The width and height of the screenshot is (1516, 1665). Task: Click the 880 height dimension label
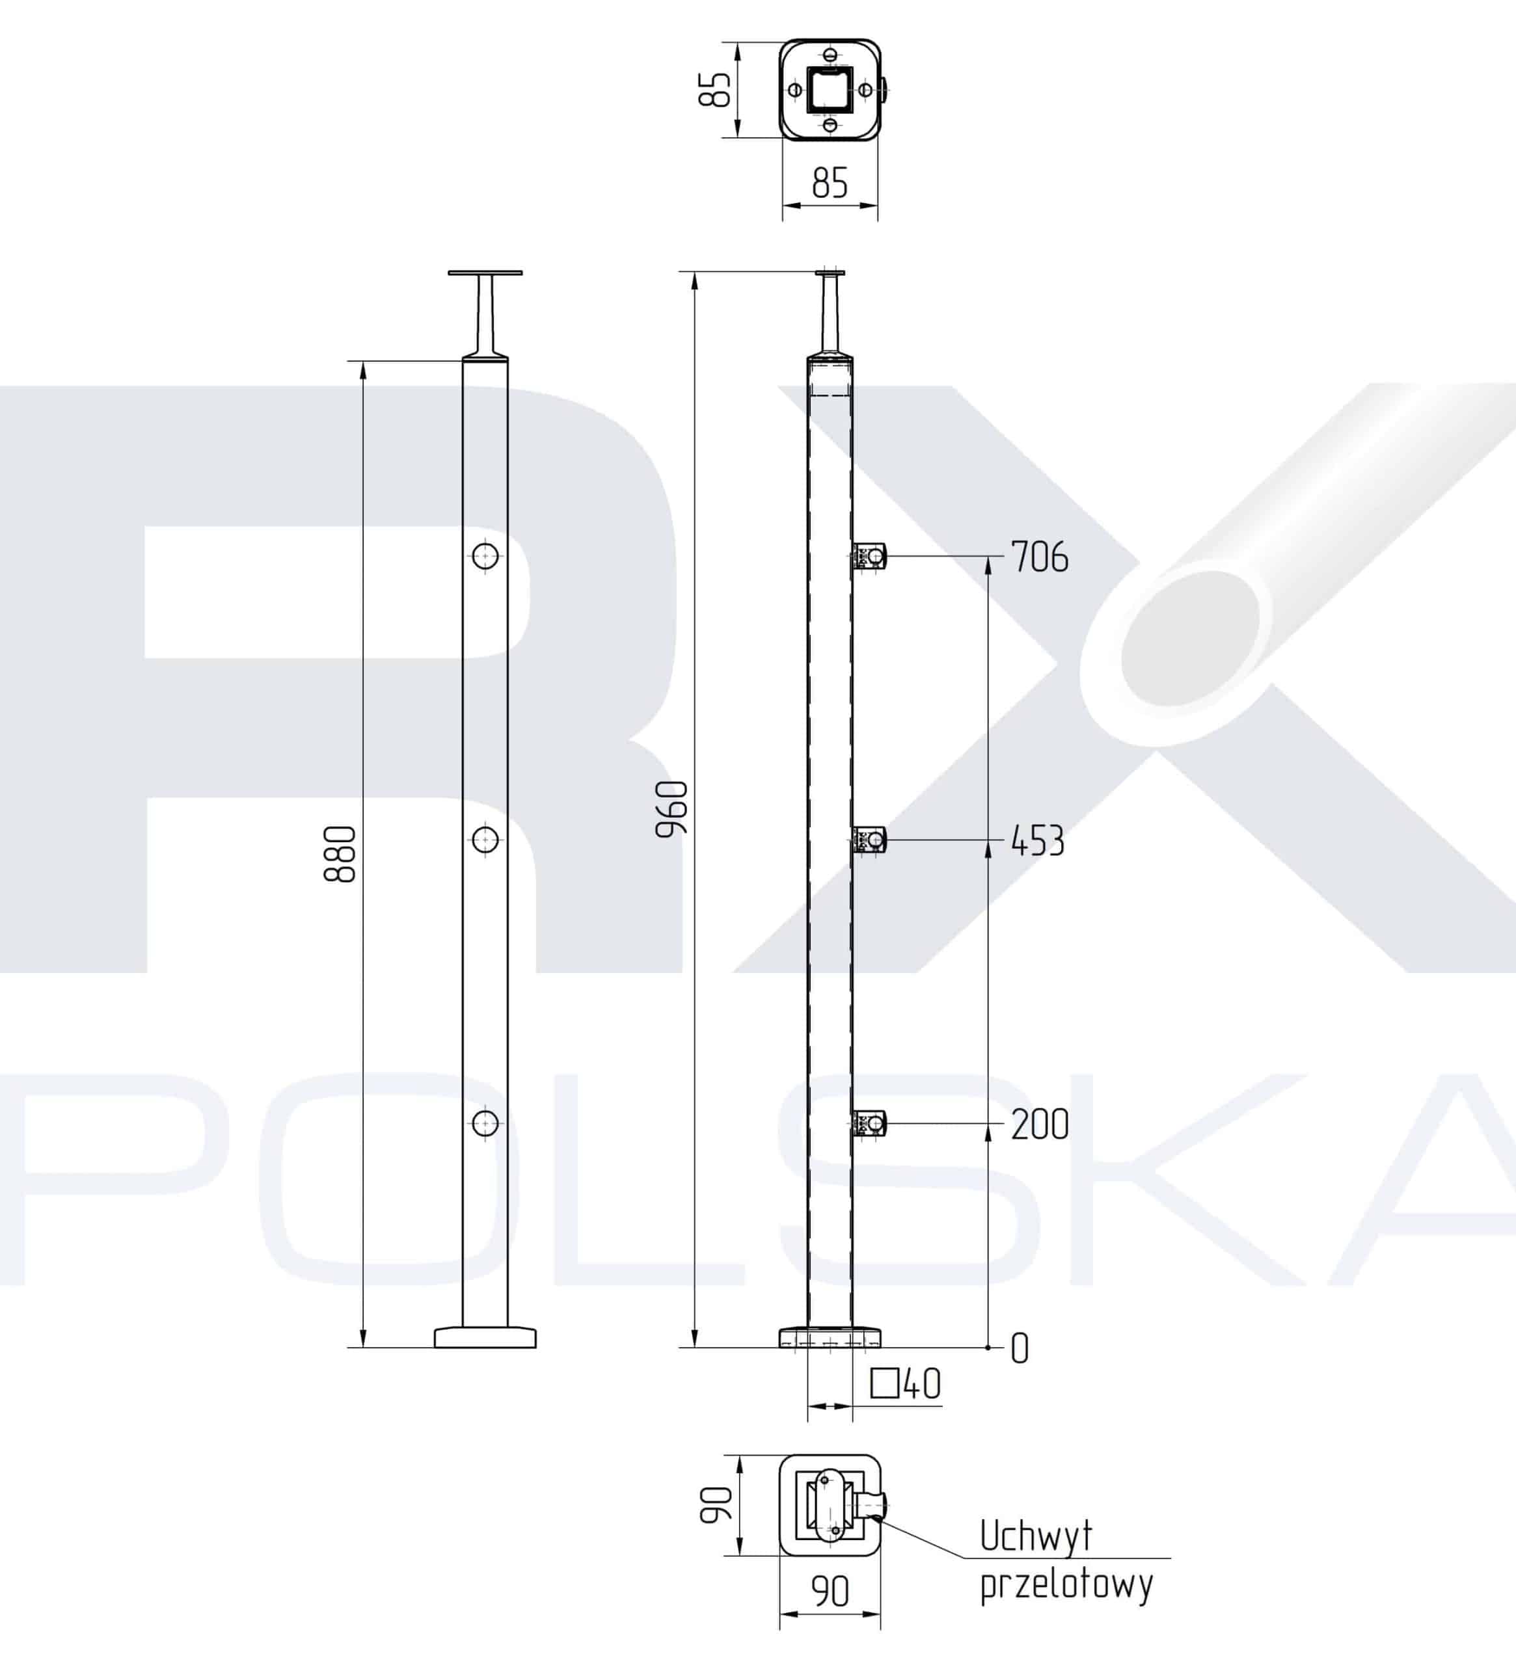coord(340,853)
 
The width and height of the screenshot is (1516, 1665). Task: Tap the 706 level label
coord(1039,557)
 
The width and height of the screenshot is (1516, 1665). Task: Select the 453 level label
coord(1038,841)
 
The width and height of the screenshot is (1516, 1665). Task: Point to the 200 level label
coord(1039,1124)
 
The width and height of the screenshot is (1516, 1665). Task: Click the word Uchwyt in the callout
coord(1036,1536)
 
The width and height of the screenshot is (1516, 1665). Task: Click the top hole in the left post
coord(485,554)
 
